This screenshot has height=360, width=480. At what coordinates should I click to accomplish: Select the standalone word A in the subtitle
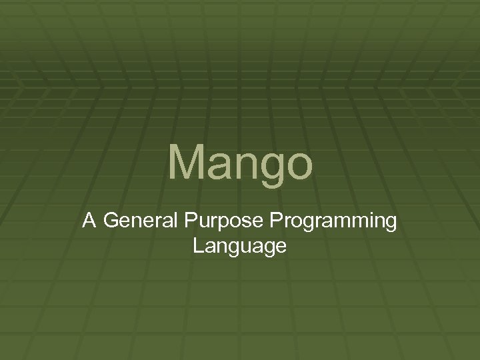[x=89, y=221]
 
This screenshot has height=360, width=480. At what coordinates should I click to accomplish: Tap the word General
[x=139, y=221]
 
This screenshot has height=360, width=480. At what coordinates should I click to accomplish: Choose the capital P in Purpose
[x=189, y=221]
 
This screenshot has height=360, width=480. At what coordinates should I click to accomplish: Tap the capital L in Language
[x=197, y=245]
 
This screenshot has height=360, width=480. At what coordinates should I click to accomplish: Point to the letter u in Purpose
[x=201, y=223]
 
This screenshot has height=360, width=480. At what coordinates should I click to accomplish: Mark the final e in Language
[x=281, y=248]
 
